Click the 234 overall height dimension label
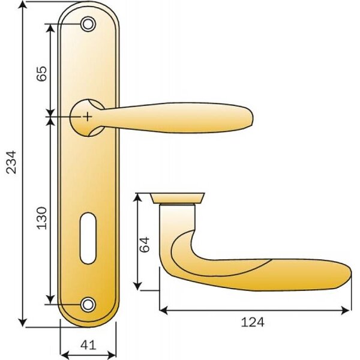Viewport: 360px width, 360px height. pyautogui.click(x=11, y=162)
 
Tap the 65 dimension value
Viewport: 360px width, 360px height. pyautogui.click(x=42, y=73)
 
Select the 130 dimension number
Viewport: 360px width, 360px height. pyautogui.click(x=42, y=218)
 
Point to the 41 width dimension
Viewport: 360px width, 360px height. pyautogui.click(x=88, y=345)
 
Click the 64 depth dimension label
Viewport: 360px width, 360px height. pyautogui.click(x=145, y=245)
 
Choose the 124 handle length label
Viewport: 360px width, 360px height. pyautogui.click(x=253, y=322)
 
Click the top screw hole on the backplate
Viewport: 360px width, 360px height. pyautogui.click(x=88, y=24)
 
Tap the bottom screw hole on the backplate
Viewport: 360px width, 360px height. pyautogui.click(x=88, y=304)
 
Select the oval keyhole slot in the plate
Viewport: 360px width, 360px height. pyautogui.click(x=88, y=238)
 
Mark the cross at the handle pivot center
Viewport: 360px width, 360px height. pyautogui.click(x=87, y=117)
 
